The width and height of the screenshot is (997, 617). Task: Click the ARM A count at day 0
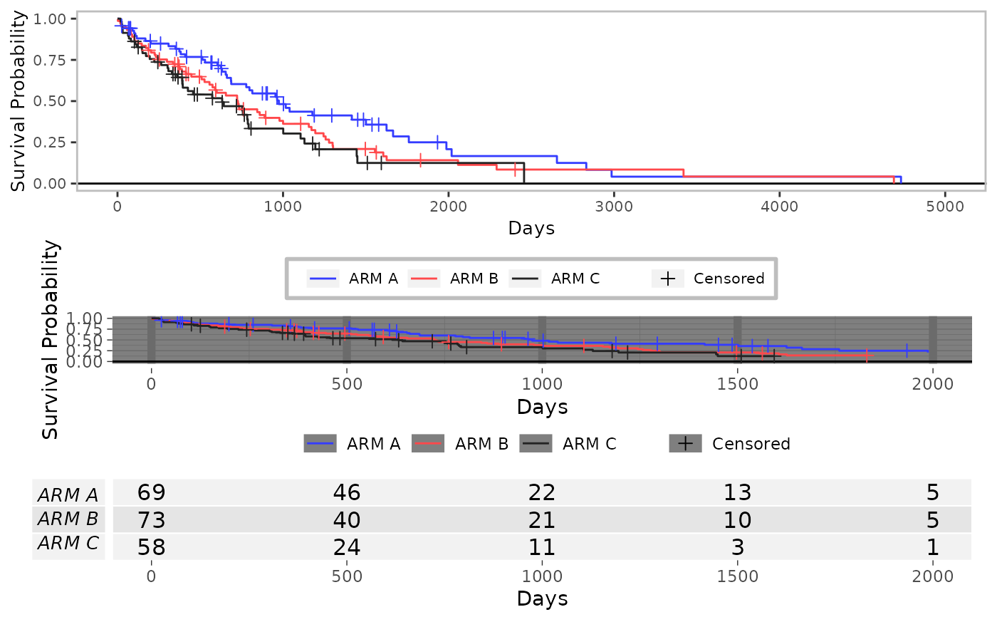pos(151,492)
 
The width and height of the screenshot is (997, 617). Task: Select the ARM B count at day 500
pos(347,519)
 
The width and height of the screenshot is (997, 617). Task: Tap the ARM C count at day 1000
pos(542,546)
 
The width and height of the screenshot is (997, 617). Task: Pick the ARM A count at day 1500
pos(738,492)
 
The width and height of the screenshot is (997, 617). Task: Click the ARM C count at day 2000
pos(932,546)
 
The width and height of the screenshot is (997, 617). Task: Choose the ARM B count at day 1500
pos(738,519)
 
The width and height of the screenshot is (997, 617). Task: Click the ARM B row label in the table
pos(68,519)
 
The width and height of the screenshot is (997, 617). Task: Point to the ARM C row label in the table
pos(68,543)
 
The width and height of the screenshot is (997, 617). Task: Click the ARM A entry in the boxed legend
pos(352,279)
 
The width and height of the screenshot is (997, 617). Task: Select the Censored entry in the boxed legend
pos(708,279)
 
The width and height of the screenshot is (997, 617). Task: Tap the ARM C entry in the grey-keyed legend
pos(568,444)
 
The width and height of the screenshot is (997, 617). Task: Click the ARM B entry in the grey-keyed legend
pos(460,444)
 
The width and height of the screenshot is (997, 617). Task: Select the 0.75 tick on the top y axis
pos(49,60)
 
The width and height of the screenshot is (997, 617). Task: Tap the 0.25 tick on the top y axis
pos(49,142)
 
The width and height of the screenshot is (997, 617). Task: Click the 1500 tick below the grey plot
pos(738,384)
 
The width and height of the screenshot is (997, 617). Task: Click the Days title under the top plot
pos(531,228)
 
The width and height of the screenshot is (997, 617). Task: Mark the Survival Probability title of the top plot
pos(18,101)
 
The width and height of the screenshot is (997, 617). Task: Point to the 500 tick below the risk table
pos(347,576)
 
